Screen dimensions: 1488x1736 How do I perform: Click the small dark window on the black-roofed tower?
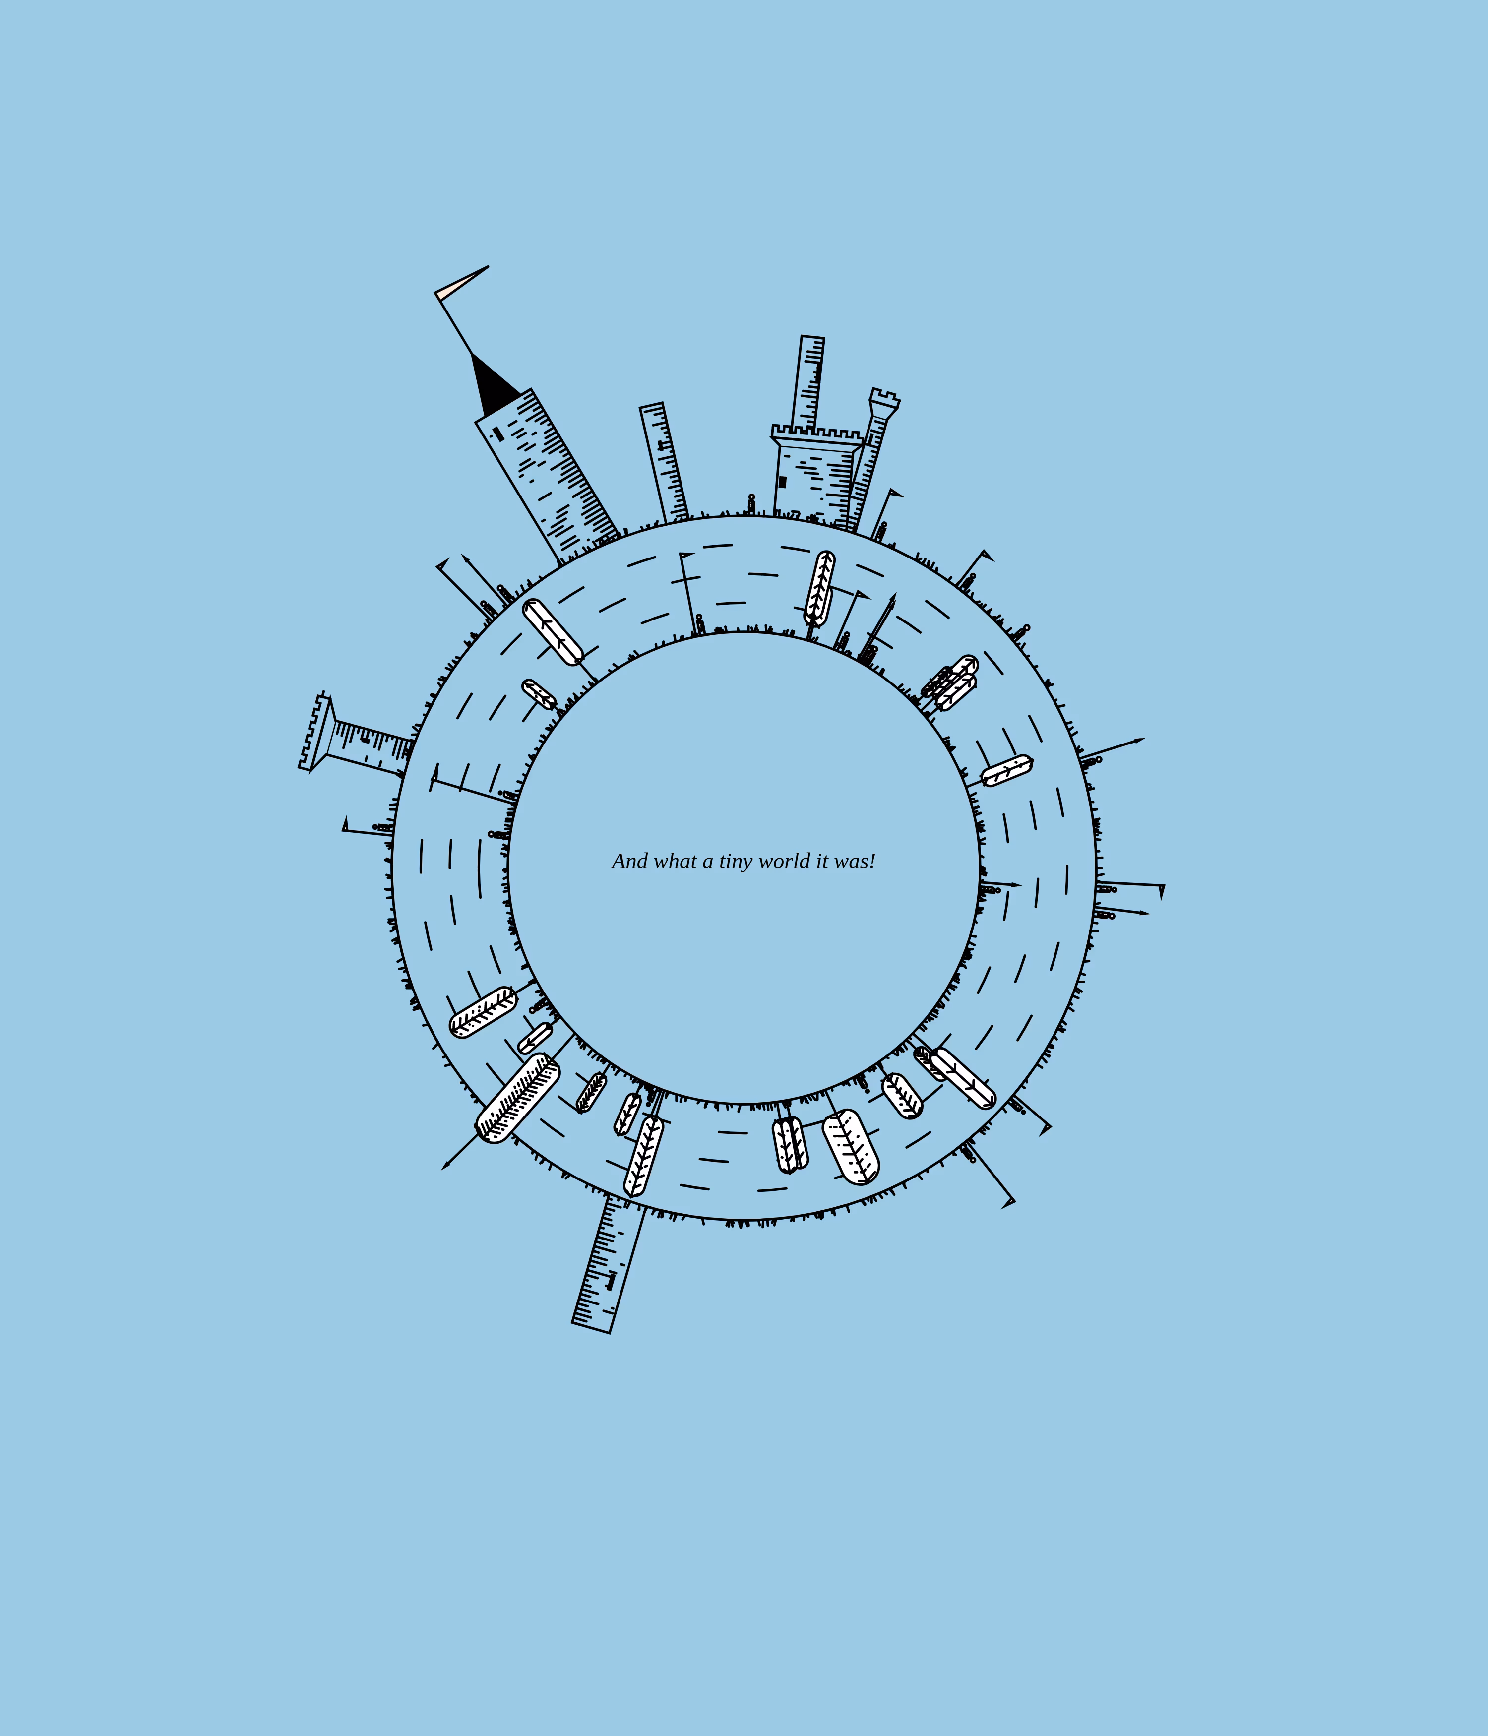click(x=497, y=434)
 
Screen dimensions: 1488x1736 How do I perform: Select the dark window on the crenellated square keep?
click(x=783, y=482)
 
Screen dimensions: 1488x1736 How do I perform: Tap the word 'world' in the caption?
click(x=785, y=861)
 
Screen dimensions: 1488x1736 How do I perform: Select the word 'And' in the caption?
click(x=630, y=861)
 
